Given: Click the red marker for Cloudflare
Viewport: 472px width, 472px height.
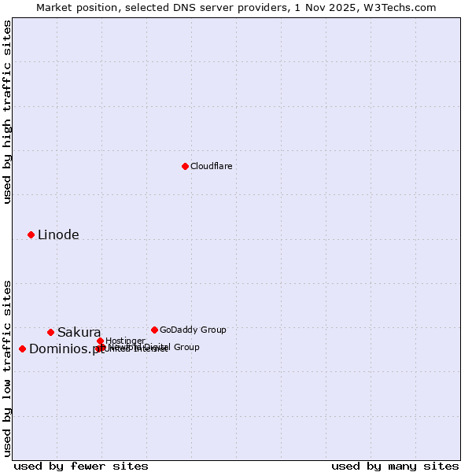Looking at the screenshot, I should pyautogui.click(x=185, y=166).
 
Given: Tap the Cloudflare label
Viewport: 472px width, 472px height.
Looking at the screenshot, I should pyautogui.click(x=212, y=166).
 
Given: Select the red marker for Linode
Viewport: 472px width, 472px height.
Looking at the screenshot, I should pyautogui.click(x=31, y=234).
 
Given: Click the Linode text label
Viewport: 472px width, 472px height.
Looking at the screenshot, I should pyautogui.click(x=58, y=234).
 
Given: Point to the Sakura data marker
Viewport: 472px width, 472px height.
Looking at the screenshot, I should pyautogui.click(x=50, y=332).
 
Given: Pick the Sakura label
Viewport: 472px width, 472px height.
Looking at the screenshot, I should pyautogui.click(x=79, y=332).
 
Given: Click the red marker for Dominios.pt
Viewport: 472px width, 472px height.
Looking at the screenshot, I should pyautogui.click(x=22, y=348).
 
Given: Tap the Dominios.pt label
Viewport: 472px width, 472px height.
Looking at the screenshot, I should pyautogui.click(x=66, y=349).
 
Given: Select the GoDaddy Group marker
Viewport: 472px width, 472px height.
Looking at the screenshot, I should pyautogui.click(x=154, y=330).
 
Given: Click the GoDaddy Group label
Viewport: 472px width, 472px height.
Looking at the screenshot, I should pyautogui.click(x=193, y=330).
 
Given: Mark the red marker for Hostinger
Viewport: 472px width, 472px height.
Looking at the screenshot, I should pyautogui.click(x=100, y=341).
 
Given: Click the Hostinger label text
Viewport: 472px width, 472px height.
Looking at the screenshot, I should pyautogui.click(x=125, y=341).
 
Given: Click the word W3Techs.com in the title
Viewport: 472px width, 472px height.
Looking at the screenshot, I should pyautogui.click(x=404, y=7).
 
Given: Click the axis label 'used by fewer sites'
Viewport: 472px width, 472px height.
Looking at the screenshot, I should pyautogui.click(x=81, y=466).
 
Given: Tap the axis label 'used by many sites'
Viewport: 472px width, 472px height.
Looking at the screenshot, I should pyautogui.click(x=395, y=466).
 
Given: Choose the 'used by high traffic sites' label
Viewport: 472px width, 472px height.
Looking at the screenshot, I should pyautogui.click(x=7, y=112).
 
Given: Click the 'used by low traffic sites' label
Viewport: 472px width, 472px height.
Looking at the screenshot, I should pyautogui.click(x=7, y=368).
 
